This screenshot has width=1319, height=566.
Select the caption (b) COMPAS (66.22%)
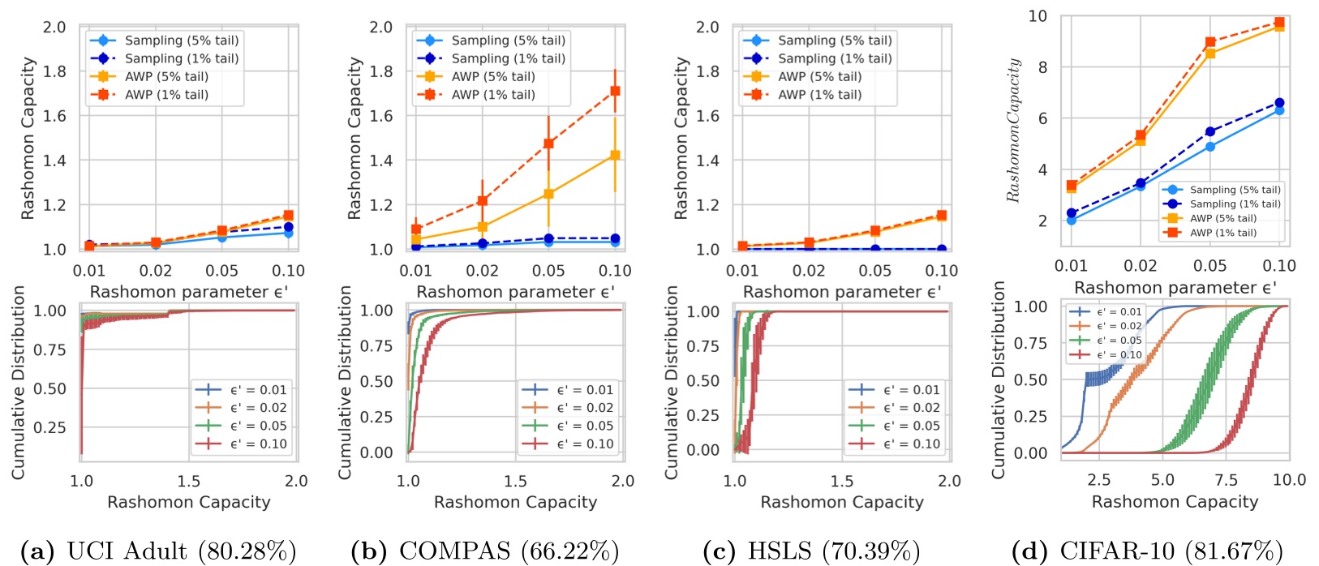484,551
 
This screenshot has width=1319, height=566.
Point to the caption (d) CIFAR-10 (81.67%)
1148,551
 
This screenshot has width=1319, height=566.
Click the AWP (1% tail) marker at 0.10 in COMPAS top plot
615,91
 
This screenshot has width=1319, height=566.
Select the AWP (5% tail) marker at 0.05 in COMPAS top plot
548,194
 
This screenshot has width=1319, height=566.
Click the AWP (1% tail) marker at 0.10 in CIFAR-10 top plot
1279,23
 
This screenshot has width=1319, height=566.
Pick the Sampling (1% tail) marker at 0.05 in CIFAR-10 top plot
1210,131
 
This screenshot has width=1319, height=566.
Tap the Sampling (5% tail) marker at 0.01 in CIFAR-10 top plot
1072,220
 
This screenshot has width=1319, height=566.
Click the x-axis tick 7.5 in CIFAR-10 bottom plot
1226,480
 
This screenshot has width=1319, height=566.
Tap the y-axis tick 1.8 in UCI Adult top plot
54,71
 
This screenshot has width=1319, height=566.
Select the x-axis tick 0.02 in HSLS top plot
809,270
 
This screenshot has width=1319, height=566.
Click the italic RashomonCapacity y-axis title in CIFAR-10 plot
1013,130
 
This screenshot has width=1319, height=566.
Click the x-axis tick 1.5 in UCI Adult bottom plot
189,481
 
